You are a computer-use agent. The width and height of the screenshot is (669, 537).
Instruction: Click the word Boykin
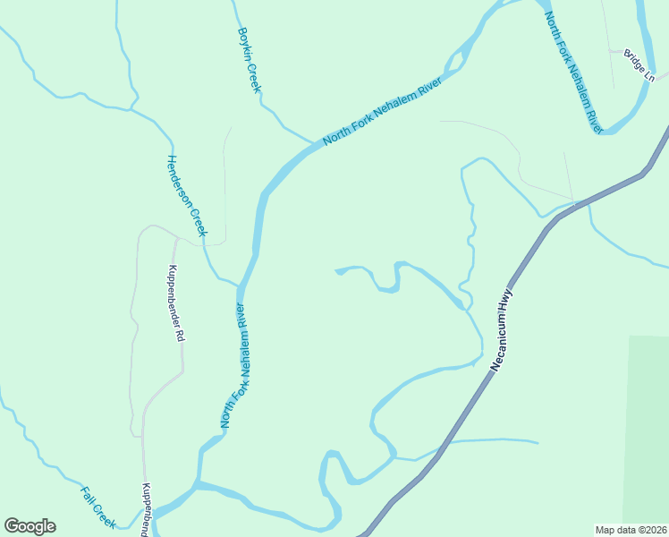[242, 45]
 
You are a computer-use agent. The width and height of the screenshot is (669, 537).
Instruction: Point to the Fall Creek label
[98, 507]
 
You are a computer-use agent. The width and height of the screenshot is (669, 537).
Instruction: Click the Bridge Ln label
[640, 65]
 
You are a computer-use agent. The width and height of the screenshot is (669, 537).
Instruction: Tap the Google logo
[30, 526]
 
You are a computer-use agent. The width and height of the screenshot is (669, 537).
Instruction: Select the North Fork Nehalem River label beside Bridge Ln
[573, 71]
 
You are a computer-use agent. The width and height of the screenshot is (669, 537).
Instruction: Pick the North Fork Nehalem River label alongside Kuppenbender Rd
[234, 364]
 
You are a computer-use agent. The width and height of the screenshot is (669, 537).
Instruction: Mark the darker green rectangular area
[648, 430]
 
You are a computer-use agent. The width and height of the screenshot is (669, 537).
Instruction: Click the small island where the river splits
[455, 61]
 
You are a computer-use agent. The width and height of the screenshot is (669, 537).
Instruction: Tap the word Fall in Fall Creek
[89, 496]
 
